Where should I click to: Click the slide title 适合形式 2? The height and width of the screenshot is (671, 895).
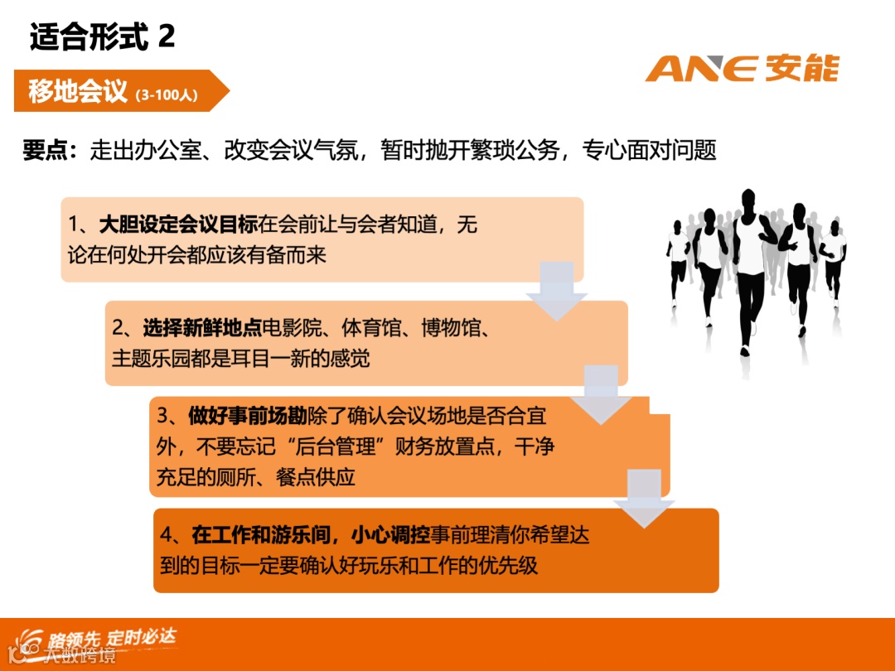102,37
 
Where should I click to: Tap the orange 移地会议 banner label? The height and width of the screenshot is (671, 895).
78,91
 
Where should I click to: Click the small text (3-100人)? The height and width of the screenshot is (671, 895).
165,94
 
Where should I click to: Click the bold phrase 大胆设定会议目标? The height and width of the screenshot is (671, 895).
178,225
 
